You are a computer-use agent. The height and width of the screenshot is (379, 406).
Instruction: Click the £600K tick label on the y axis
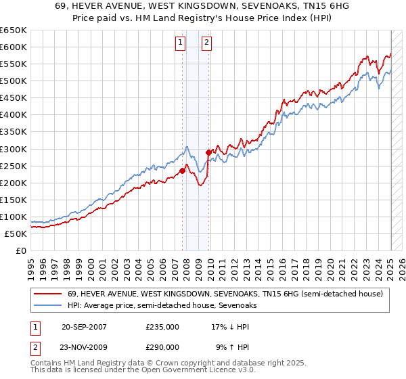tap(14, 47)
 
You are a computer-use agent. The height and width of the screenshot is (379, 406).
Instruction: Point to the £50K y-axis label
tap(16, 233)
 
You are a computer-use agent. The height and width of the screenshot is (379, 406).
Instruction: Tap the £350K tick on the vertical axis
tap(14, 132)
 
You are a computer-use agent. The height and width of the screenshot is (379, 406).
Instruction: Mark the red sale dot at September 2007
tap(183, 171)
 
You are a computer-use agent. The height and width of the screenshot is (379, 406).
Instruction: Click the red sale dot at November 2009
tap(208, 152)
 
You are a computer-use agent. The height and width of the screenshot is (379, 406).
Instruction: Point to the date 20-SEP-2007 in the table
tap(84, 326)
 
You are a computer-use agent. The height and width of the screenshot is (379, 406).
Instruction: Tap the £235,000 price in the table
tap(162, 326)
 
